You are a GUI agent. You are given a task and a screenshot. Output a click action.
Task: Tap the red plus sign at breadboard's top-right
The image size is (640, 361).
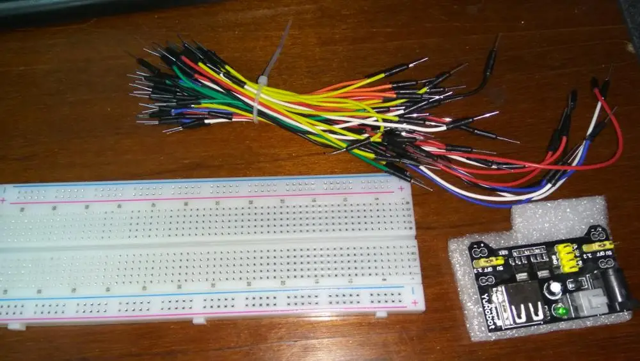(x=402, y=189)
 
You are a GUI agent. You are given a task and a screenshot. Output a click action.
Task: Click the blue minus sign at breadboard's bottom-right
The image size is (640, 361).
(x=413, y=290)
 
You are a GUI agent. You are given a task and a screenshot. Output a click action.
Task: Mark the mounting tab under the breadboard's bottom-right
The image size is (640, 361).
(x=380, y=315)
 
